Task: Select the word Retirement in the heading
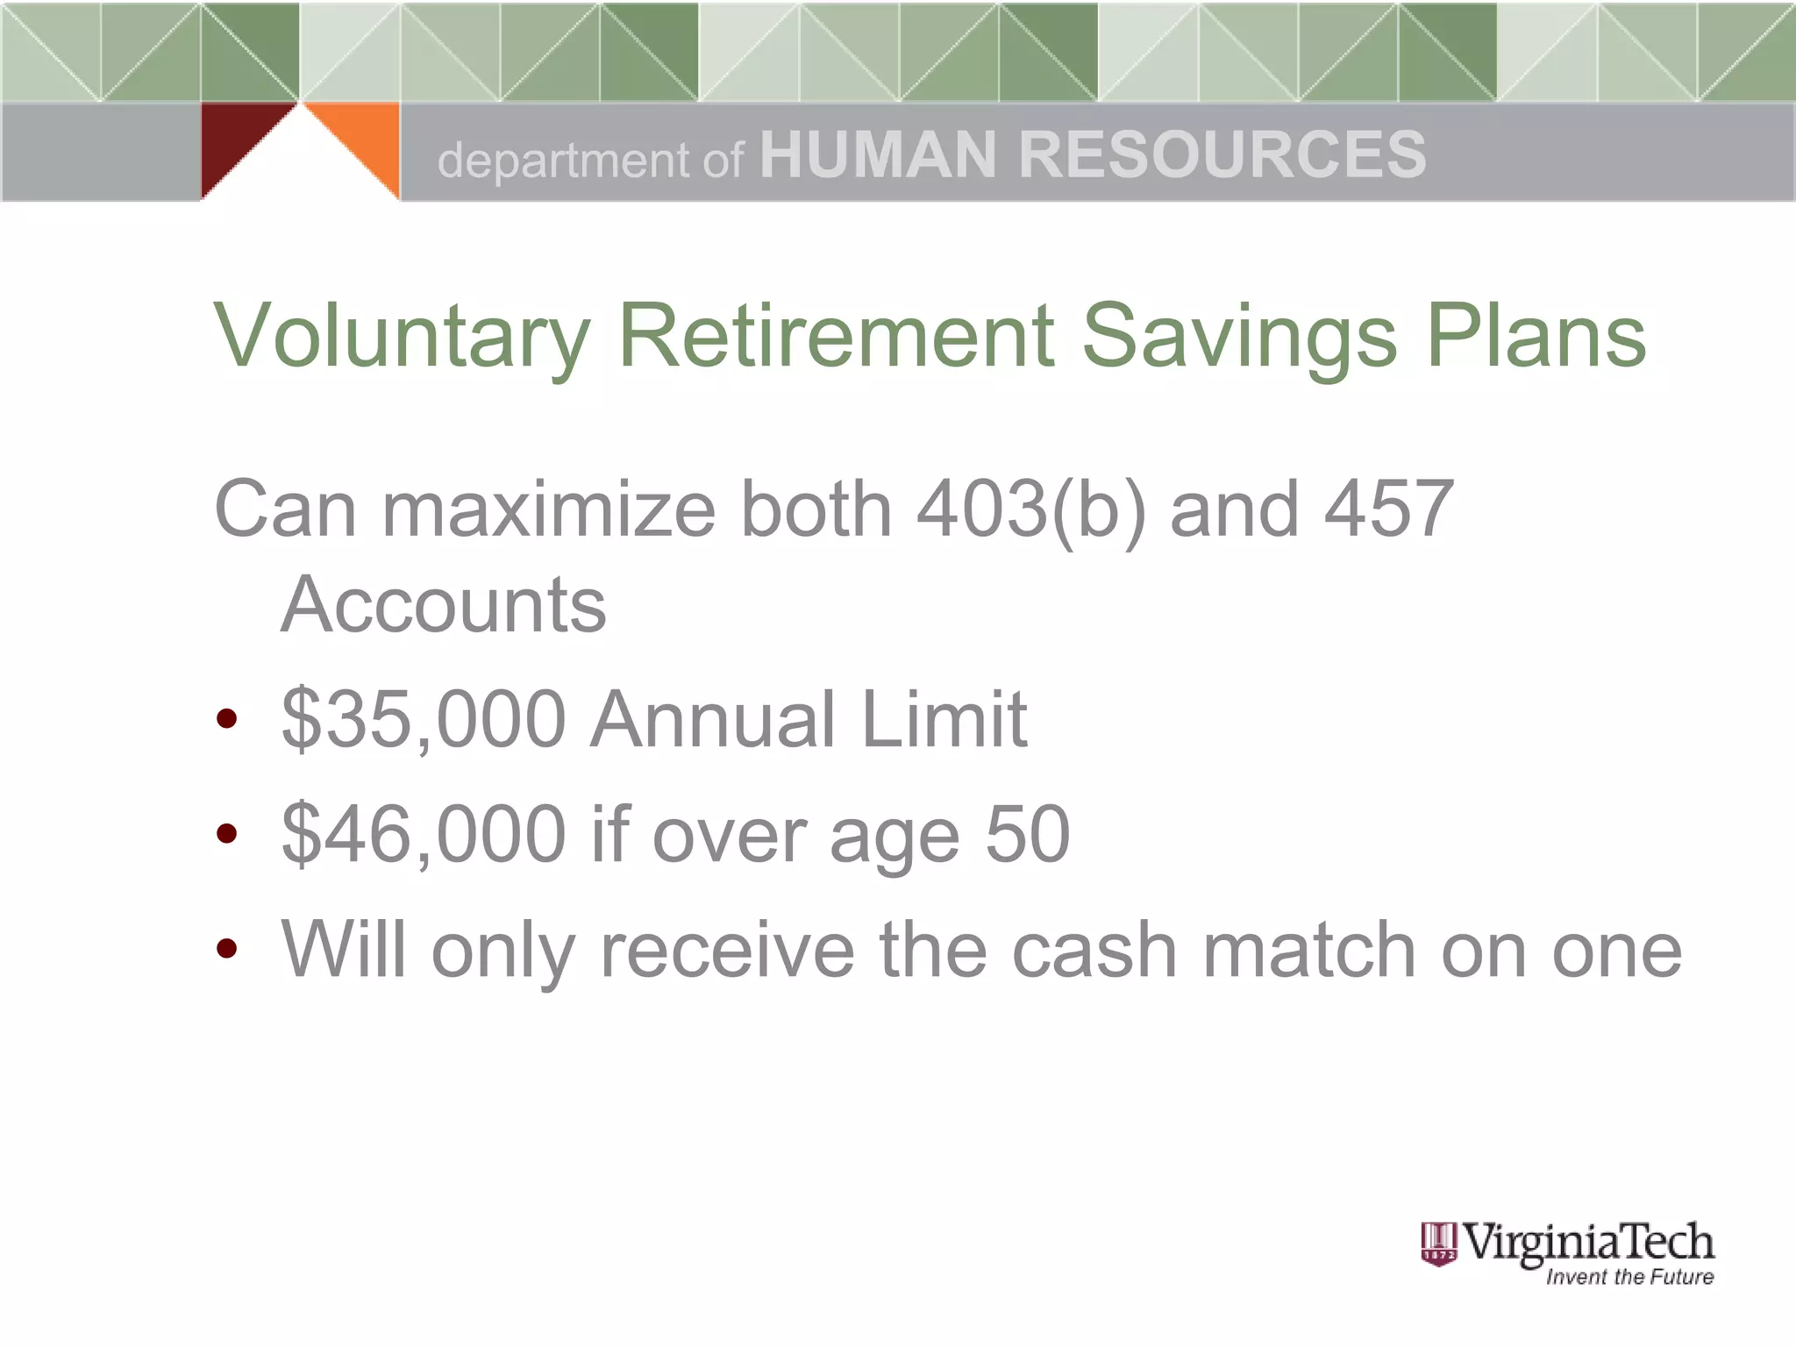click(837, 335)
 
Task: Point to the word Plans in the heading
click(1536, 335)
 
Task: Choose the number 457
click(1388, 509)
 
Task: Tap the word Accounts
click(444, 604)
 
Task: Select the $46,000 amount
click(424, 835)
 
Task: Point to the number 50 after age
click(1027, 834)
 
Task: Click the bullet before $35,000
click(227, 720)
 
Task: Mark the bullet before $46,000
click(227, 834)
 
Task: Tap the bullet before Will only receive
click(227, 949)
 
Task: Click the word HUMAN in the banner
click(877, 155)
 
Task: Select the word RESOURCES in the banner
click(1222, 155)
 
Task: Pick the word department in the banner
click(564, 160)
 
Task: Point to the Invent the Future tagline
click(1629, 1277)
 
